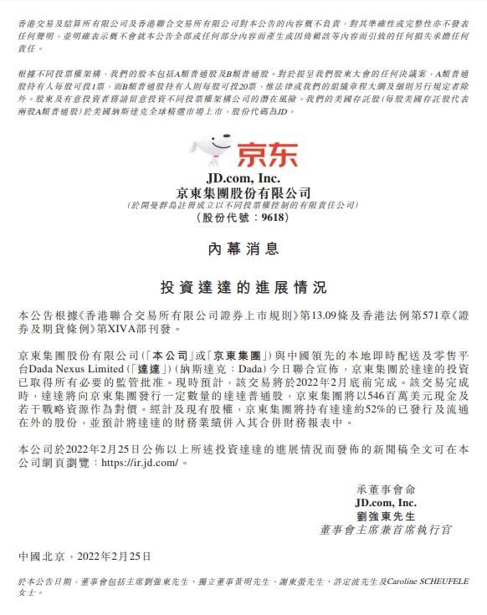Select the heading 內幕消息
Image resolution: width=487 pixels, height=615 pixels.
click(243, 249)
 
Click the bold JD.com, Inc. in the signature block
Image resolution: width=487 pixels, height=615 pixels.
click(386, 502)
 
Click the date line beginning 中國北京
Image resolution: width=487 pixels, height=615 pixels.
click(85, 556)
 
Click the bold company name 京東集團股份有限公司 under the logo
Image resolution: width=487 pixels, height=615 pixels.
click(243, 192)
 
